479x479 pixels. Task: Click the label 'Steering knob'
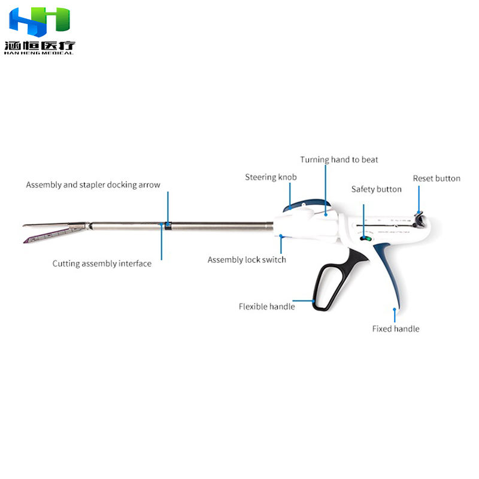pos(271,177)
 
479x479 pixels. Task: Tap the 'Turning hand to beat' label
pos(339,160)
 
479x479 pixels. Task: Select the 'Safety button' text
pos(376,189)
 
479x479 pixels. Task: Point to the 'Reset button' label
pos(436,178)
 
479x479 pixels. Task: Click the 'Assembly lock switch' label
pos(247,260)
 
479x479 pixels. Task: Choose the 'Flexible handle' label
pos(266,307)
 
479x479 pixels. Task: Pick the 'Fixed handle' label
pos(395,329)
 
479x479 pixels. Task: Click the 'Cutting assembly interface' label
pos(102,263)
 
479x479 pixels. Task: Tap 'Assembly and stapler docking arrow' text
pos(93,185)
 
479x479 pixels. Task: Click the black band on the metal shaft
pos(168,226)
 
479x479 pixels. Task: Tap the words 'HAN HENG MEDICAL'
pos(39,53)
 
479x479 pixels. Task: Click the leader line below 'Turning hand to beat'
pos(326,189)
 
